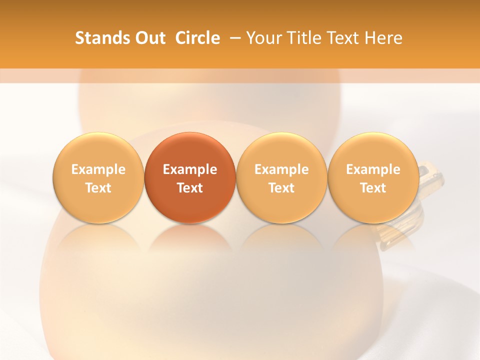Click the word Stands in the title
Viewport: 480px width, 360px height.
click(x=99, y=38)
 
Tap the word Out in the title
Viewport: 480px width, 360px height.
click(x=149, y=38)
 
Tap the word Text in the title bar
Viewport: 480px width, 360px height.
click(x=343, y=38)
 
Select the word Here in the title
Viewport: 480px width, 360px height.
click(x=383, y=38)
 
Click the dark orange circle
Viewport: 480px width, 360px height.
click(x=189, y=177)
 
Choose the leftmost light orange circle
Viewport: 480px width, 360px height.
click(x=98, y=177)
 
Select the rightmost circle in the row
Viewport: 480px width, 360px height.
click(x=373, y=177)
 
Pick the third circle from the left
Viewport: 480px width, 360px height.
click(x=281, y=177)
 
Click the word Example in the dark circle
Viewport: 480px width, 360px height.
click(x=189, y=169)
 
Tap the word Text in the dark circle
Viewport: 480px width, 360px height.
click(x=189, y=188)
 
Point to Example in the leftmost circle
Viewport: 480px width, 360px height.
click(x=98, y=169)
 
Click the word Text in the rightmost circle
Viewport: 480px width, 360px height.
click(x=373, y=188)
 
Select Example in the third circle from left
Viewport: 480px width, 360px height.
click(x=281, y=169)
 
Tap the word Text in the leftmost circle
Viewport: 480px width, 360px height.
click(x=98, y=188)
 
